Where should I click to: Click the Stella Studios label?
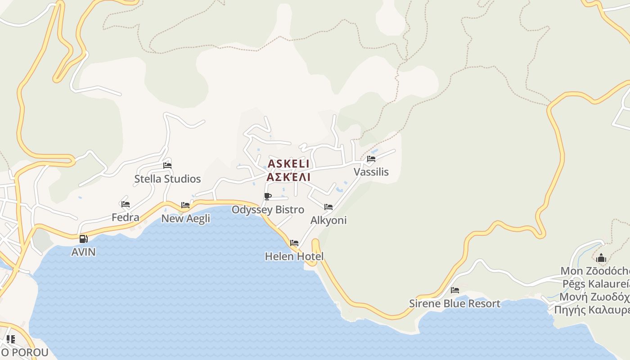pyautogui.click(x=167, y=179)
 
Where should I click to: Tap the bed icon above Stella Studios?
pyautogui.click(x=167, y=166)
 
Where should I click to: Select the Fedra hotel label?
pyautogui.click(x=125, y=217)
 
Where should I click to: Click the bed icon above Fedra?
pyautogui.click(x=126, y=204)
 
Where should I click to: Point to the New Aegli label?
pyautogui.click(x=185, y=219)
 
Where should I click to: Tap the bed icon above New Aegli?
pyautogui.click(x=185, y=205)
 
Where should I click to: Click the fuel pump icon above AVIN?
pyautogui.click(x=83, y=238)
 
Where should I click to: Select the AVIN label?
pyautogui.click(x=83, y=252)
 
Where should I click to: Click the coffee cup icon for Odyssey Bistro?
pyautogui.click(x=268, y=196)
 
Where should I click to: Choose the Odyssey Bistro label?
pyautogui.click(x=268, y=210)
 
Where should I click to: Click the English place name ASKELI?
pyautogui.click(x=288, y=164)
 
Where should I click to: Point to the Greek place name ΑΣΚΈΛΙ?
pyautogui.click(x=288, y=177)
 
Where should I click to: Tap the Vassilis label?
pyautogui.click(x=371, y=172)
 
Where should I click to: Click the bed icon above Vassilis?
pyautogui.click(x=371, y=159)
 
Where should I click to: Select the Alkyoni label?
pyautogui.click(x=328, y=220)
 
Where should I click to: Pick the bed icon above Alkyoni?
pyautogui.click(x=328, y=207)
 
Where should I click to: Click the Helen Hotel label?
pyautogui.click(x=294, y=256)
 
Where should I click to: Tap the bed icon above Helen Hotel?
pyautogui.click(x=294, y=243)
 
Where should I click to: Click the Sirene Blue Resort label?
pyautogui.click(x=454, y=303)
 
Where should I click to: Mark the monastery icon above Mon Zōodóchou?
pyautogui.click(x=601, y=258)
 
